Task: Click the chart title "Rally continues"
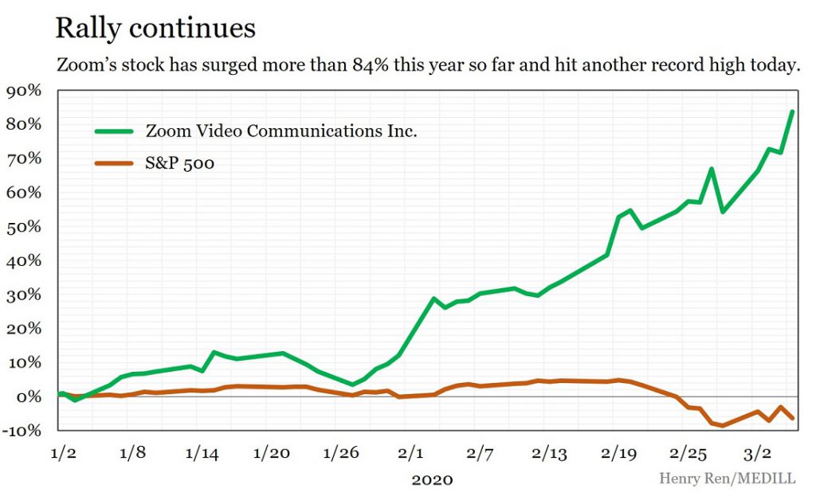click(155, 28)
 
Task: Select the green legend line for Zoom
click(114, 131)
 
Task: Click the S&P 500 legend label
click(180, 164)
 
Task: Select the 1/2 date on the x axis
click(64, 453)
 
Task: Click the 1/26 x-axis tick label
click(340, 453)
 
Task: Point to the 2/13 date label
click(549, 453)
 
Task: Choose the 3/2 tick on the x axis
click(757, 453)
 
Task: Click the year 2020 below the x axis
click(432, 479)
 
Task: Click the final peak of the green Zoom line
click(792, 111)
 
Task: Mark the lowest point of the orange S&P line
click(723, 426)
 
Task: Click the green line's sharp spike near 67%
click(711, 169)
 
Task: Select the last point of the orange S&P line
click(792, 418)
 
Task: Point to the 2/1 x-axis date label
click(410, 453)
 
